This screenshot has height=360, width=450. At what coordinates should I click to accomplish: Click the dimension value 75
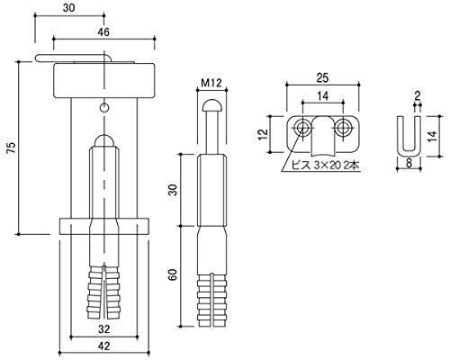(x=11, y=148)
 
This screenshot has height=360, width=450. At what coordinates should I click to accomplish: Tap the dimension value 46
(x=103, y=31)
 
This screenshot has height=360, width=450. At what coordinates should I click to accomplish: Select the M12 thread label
(x=211, y=83)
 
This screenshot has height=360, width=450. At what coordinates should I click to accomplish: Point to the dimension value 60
(x=173, y=275)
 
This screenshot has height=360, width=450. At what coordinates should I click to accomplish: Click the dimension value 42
(x=103, y=346)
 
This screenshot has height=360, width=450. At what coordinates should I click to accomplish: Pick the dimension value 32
(x=103, y=329)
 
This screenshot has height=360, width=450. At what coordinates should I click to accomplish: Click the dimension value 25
(x=322, y=78)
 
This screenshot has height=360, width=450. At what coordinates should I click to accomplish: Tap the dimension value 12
(x=263, y=134)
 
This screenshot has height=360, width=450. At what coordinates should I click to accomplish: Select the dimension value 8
(x=409, y=163)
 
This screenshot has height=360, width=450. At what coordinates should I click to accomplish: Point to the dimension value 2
(x=418, y=95)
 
